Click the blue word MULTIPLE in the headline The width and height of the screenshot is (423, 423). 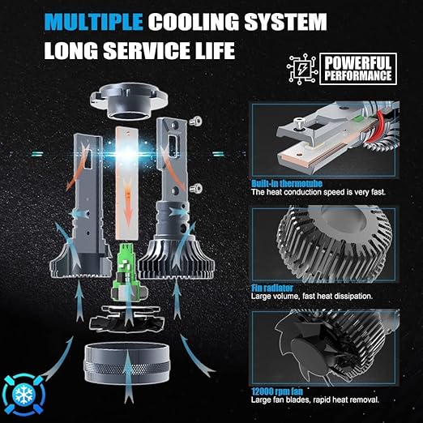pos(93,22)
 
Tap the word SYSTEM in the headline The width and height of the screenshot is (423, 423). pos(285,22)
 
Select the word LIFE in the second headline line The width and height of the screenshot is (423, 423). pos(215,50)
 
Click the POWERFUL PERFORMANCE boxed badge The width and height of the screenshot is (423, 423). pos(358,69)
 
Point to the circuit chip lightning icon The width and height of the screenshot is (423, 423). pos(302,69)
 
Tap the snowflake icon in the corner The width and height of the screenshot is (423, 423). pos(23,395)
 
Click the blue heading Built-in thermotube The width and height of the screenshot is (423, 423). pos(287,184)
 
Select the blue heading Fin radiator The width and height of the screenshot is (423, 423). pos(272,288)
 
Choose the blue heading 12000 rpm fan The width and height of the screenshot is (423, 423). pos(277,391)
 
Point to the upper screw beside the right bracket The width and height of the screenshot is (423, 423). pos(195,122)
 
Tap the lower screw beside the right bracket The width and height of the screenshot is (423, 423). pos(196,188)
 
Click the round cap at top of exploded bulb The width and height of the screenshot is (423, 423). pos(129,101)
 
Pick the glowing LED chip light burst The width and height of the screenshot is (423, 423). pos(127,153)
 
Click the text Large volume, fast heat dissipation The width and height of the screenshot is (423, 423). pos(312,297)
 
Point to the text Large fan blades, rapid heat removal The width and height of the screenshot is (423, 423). pos(315,399)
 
